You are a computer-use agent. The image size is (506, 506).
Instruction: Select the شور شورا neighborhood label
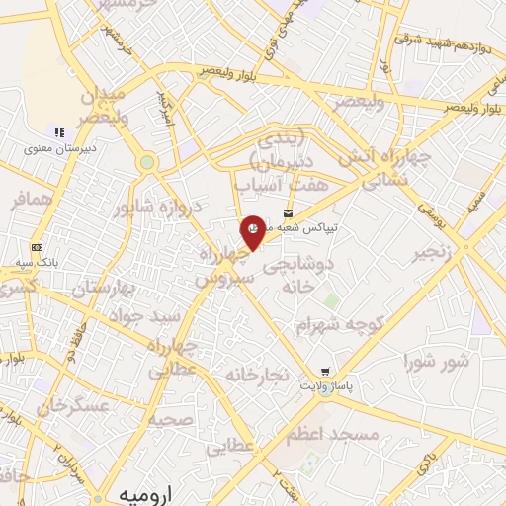(436, 362)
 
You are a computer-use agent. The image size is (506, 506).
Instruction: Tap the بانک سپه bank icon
(38, 246)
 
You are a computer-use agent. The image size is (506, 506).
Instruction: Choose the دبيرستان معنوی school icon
(59, 132)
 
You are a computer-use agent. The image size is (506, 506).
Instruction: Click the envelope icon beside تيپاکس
(289, 212)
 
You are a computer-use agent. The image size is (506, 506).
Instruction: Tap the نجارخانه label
(257, 376)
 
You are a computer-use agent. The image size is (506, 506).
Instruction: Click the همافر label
(30, 201)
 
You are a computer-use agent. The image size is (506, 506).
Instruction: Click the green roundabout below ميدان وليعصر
(147, 162)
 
